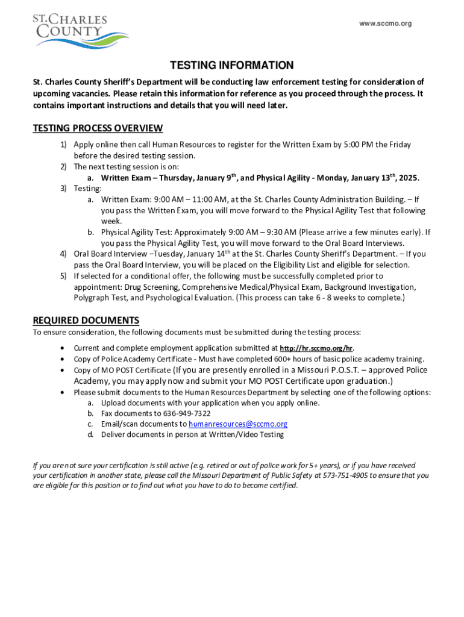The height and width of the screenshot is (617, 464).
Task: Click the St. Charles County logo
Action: pyautogui.click(x=79, y=31)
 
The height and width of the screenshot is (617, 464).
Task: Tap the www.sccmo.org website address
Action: pyautogui.click(x=385, y=23)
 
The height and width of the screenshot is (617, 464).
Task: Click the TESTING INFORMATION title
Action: pyautogui.click(x=231, y=65)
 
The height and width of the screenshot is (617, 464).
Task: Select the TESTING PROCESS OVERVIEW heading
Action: pyautogui.click(x=98, y=128)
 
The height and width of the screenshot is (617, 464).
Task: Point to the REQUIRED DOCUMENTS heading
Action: pyautogui.click(x=86, y=320)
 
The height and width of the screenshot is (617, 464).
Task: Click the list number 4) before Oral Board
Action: pyautogui.click(x=63, y=254)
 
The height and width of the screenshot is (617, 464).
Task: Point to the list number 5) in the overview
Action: pyautogui.click(x=63, y=276)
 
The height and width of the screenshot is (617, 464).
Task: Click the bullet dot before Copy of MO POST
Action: pyautogui.click(x=64, y=370)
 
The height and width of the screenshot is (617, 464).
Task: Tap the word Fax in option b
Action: pyautogui.click(x=107, y=413)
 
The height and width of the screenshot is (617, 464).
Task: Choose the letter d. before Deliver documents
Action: pyautogui.click(x=90, y=434)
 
